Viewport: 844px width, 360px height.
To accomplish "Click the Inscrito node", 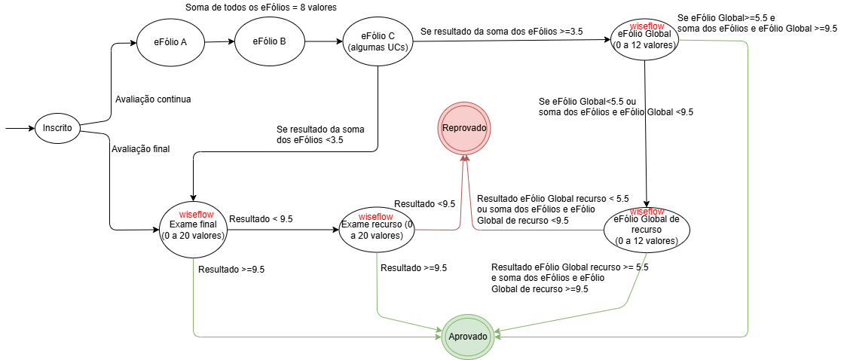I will coord(57,128).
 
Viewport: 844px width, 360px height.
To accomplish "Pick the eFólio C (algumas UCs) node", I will coord(378,41).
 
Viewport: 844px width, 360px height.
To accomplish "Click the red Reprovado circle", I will coord(465,128).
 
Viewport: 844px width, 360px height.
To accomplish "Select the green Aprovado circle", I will coord(469,336).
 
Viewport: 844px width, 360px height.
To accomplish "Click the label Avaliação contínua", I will coord(152,99).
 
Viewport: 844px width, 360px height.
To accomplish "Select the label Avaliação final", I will coord(140,148).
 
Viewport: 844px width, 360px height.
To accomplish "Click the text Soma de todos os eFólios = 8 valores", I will coord(261,8).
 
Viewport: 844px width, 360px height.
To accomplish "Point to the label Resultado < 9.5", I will coord(261,219).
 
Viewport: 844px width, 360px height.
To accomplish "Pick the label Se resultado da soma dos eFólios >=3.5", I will coord(501,32).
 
